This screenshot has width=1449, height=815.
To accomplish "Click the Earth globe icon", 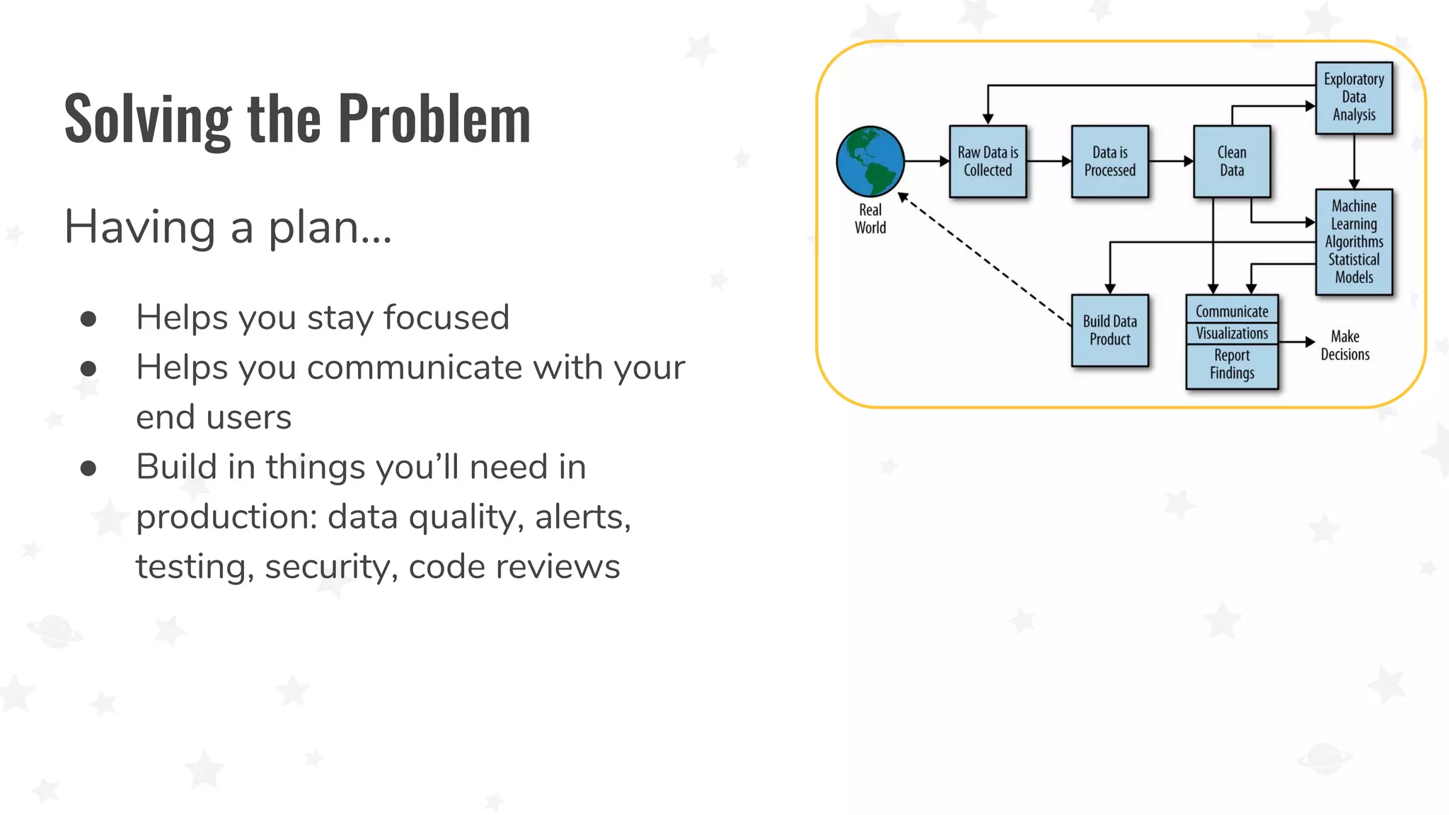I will point(870,161).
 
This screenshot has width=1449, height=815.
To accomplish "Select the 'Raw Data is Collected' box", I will point(988,161).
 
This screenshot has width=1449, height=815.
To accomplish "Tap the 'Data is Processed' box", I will point(1109,161).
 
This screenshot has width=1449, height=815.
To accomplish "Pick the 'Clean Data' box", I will point(1231,161).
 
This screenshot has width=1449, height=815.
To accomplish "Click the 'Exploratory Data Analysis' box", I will point(1353,98).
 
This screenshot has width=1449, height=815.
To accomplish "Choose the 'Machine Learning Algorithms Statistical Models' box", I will point(1353,242).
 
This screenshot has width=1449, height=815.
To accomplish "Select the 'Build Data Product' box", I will point(1109,330).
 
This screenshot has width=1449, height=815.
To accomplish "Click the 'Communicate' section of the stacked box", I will point(1232,311).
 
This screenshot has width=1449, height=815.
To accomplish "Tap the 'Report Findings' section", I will point(1232,364).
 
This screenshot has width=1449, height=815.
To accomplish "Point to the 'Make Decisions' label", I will point(1344,345).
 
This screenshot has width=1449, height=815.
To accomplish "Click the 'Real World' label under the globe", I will point(870,219).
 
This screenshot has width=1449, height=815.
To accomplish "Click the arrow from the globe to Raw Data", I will point(927,161).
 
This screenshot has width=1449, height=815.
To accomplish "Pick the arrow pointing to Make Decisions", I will point(1296,342).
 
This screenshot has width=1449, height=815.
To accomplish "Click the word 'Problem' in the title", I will point(434,119).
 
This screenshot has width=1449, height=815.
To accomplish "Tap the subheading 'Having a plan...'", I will point(228,228).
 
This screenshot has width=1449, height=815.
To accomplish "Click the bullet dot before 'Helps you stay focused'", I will point(88,318).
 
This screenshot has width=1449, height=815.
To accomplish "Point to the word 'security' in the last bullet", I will point(329,567).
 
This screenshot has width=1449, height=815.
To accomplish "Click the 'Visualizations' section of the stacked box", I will point(1232,333).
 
